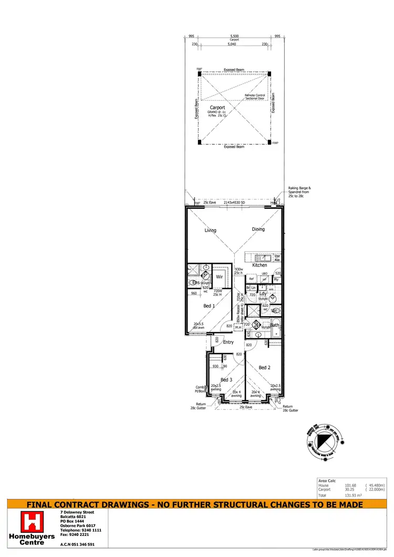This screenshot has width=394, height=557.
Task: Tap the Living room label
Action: click(x=210, y=230)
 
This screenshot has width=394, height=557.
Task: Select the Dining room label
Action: click(x=258, y=229)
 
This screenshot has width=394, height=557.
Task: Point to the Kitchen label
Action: click(x=260, y=265)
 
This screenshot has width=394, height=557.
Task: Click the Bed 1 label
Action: click(x=209, y=306)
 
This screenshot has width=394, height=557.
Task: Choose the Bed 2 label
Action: click(x=264, y=367)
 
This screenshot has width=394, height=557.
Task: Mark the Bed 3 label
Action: click(x=226, y=379)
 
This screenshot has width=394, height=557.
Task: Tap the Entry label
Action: click(x=229, y=342)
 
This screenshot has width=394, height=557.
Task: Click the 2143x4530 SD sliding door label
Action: click(x=235, y=202)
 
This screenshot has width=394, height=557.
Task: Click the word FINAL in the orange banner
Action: click(x=43, y=505)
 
